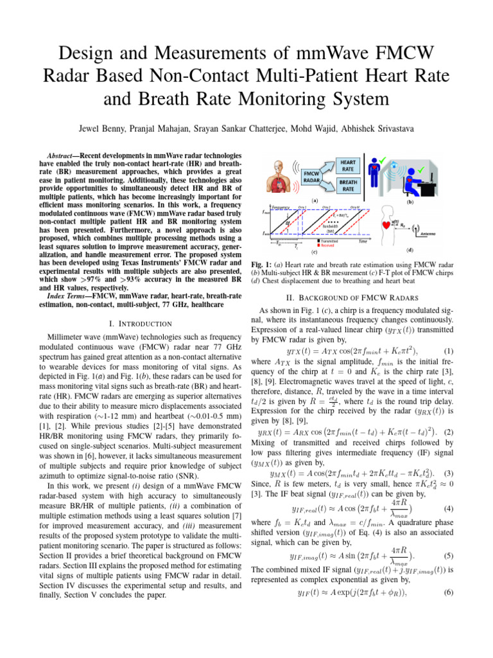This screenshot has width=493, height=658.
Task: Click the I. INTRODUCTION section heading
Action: [131, 323]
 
